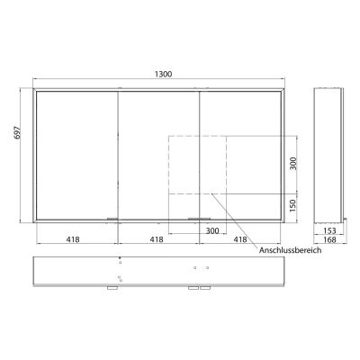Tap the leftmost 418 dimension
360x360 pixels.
click(x=76, y=240)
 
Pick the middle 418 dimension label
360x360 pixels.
click(x=157, y=240)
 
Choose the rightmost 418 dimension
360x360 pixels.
click(x=240, y=240)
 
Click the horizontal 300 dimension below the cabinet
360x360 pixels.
click(x=212, y=231)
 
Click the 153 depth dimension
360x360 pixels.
click(x=330, y=230)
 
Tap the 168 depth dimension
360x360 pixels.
click(x=330, y=240)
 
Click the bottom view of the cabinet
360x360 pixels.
click(x=162, y=272)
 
